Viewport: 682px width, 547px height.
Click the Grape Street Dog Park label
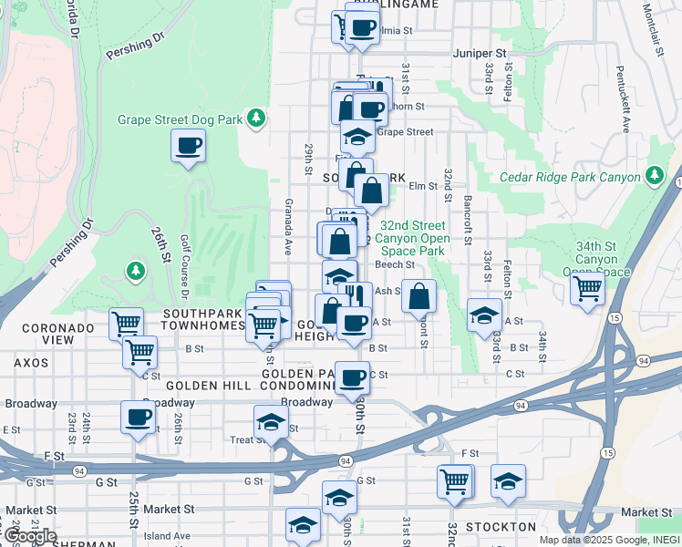click(180, 119)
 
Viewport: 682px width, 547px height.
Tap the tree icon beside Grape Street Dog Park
click(257, 118)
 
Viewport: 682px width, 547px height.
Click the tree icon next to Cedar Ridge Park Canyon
click(654, 175)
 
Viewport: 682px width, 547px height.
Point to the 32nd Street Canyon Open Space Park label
click(413, 238)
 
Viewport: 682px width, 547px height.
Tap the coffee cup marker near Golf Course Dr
click(189, 146)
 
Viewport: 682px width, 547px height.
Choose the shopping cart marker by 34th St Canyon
click(588, 289)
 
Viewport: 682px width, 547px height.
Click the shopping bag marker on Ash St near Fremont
click(418, 295)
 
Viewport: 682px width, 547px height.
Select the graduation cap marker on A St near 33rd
click(484, 315)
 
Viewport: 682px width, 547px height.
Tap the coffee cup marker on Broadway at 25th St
click(139, 418)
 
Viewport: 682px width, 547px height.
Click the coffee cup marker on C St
click(353, 377)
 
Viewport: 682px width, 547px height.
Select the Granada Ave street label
click(288, 226)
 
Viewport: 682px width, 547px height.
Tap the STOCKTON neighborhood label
click(501, 527)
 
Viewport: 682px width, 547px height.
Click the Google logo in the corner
click(29, 536)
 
